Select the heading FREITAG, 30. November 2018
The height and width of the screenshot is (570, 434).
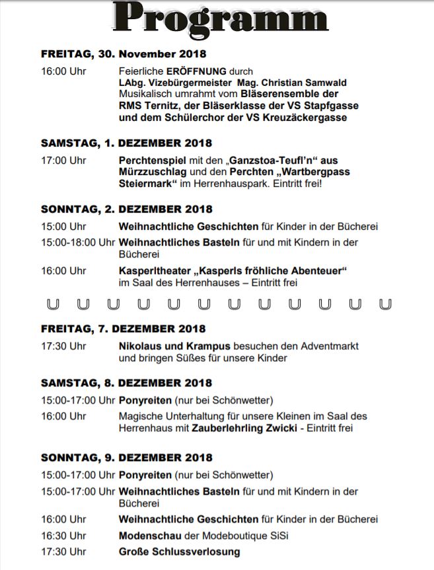coord(124,53)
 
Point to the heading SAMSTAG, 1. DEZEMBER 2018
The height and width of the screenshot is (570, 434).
coord(126,143)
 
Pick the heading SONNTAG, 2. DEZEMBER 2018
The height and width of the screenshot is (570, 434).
coord(126,209)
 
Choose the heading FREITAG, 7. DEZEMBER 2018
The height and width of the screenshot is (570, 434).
coord(123,328)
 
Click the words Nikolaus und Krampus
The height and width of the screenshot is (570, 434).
coord(174,346)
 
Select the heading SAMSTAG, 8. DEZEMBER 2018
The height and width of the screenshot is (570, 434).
coord(126,382)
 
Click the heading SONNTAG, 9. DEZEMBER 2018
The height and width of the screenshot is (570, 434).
coord(126,457)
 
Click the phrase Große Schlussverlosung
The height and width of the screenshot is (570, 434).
coord(179,552)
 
